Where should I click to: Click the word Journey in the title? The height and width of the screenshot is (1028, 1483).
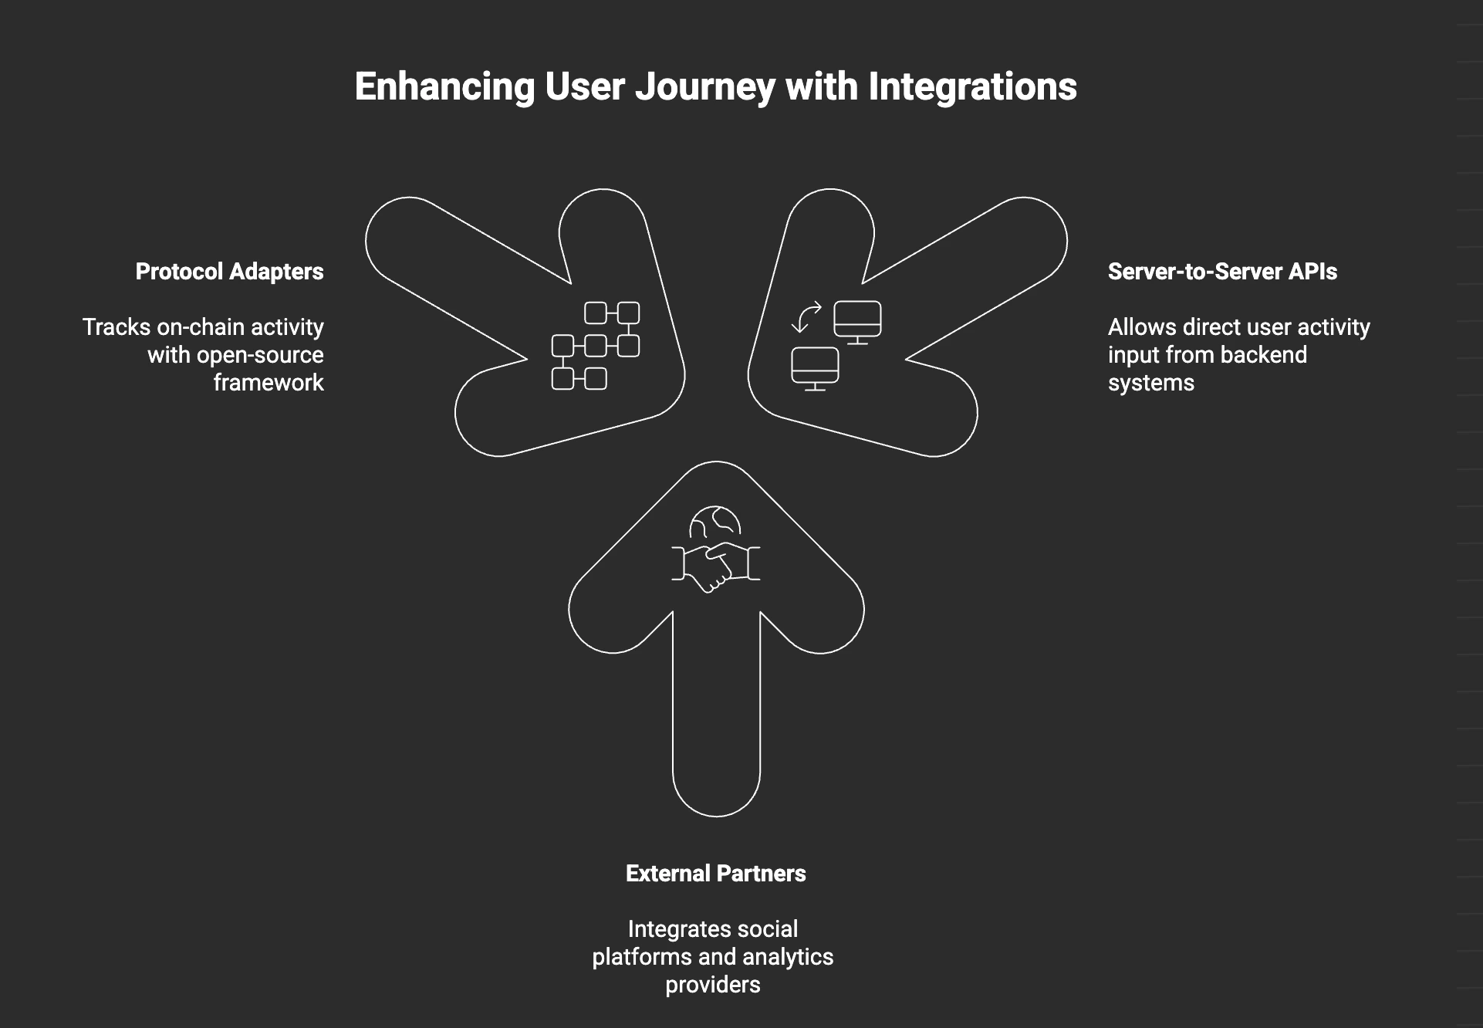pos(704,87)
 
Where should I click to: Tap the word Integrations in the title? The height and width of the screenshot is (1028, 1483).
pos(972,87)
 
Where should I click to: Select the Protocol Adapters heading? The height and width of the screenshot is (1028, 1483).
pos(229,272)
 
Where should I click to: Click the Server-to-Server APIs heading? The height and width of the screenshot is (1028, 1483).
pos(1222,272)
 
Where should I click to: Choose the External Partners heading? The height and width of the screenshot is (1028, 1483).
pos(715,874)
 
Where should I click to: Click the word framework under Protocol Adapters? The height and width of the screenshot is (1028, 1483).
pos(269,383)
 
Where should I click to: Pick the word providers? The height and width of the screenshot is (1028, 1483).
pos(712,985)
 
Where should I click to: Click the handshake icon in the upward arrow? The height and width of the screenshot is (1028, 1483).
pos(715,566)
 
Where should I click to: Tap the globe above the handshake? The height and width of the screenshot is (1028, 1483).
pos(715,522)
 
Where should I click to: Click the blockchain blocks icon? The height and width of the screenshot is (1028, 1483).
pos(595,346)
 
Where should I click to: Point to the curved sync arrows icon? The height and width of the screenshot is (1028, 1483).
pos(806,317)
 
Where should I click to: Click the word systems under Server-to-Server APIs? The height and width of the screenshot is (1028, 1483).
pos(1150,383)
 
